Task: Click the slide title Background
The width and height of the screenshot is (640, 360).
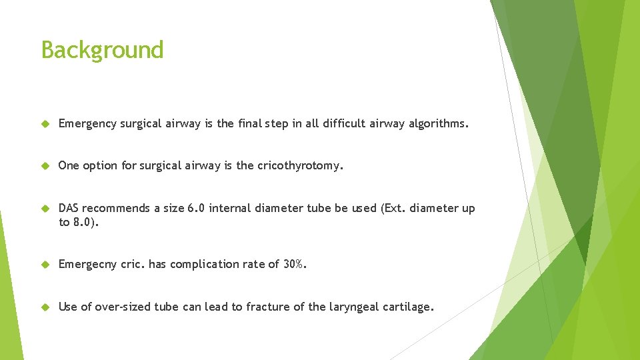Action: point(102,50)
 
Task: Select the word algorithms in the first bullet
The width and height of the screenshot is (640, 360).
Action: point(437,123)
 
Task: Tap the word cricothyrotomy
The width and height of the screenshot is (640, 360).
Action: point(299,166)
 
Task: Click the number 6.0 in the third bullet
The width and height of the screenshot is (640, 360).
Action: point(197,208)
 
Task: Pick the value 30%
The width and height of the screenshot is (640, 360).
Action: point(294,264)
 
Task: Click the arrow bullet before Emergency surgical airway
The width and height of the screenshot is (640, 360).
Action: point(45,123)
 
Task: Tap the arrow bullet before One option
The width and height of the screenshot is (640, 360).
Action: point(45,166)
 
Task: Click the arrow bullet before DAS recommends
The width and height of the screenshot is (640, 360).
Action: point(45,209)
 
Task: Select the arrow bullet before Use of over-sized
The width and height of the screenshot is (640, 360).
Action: point(45,307)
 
